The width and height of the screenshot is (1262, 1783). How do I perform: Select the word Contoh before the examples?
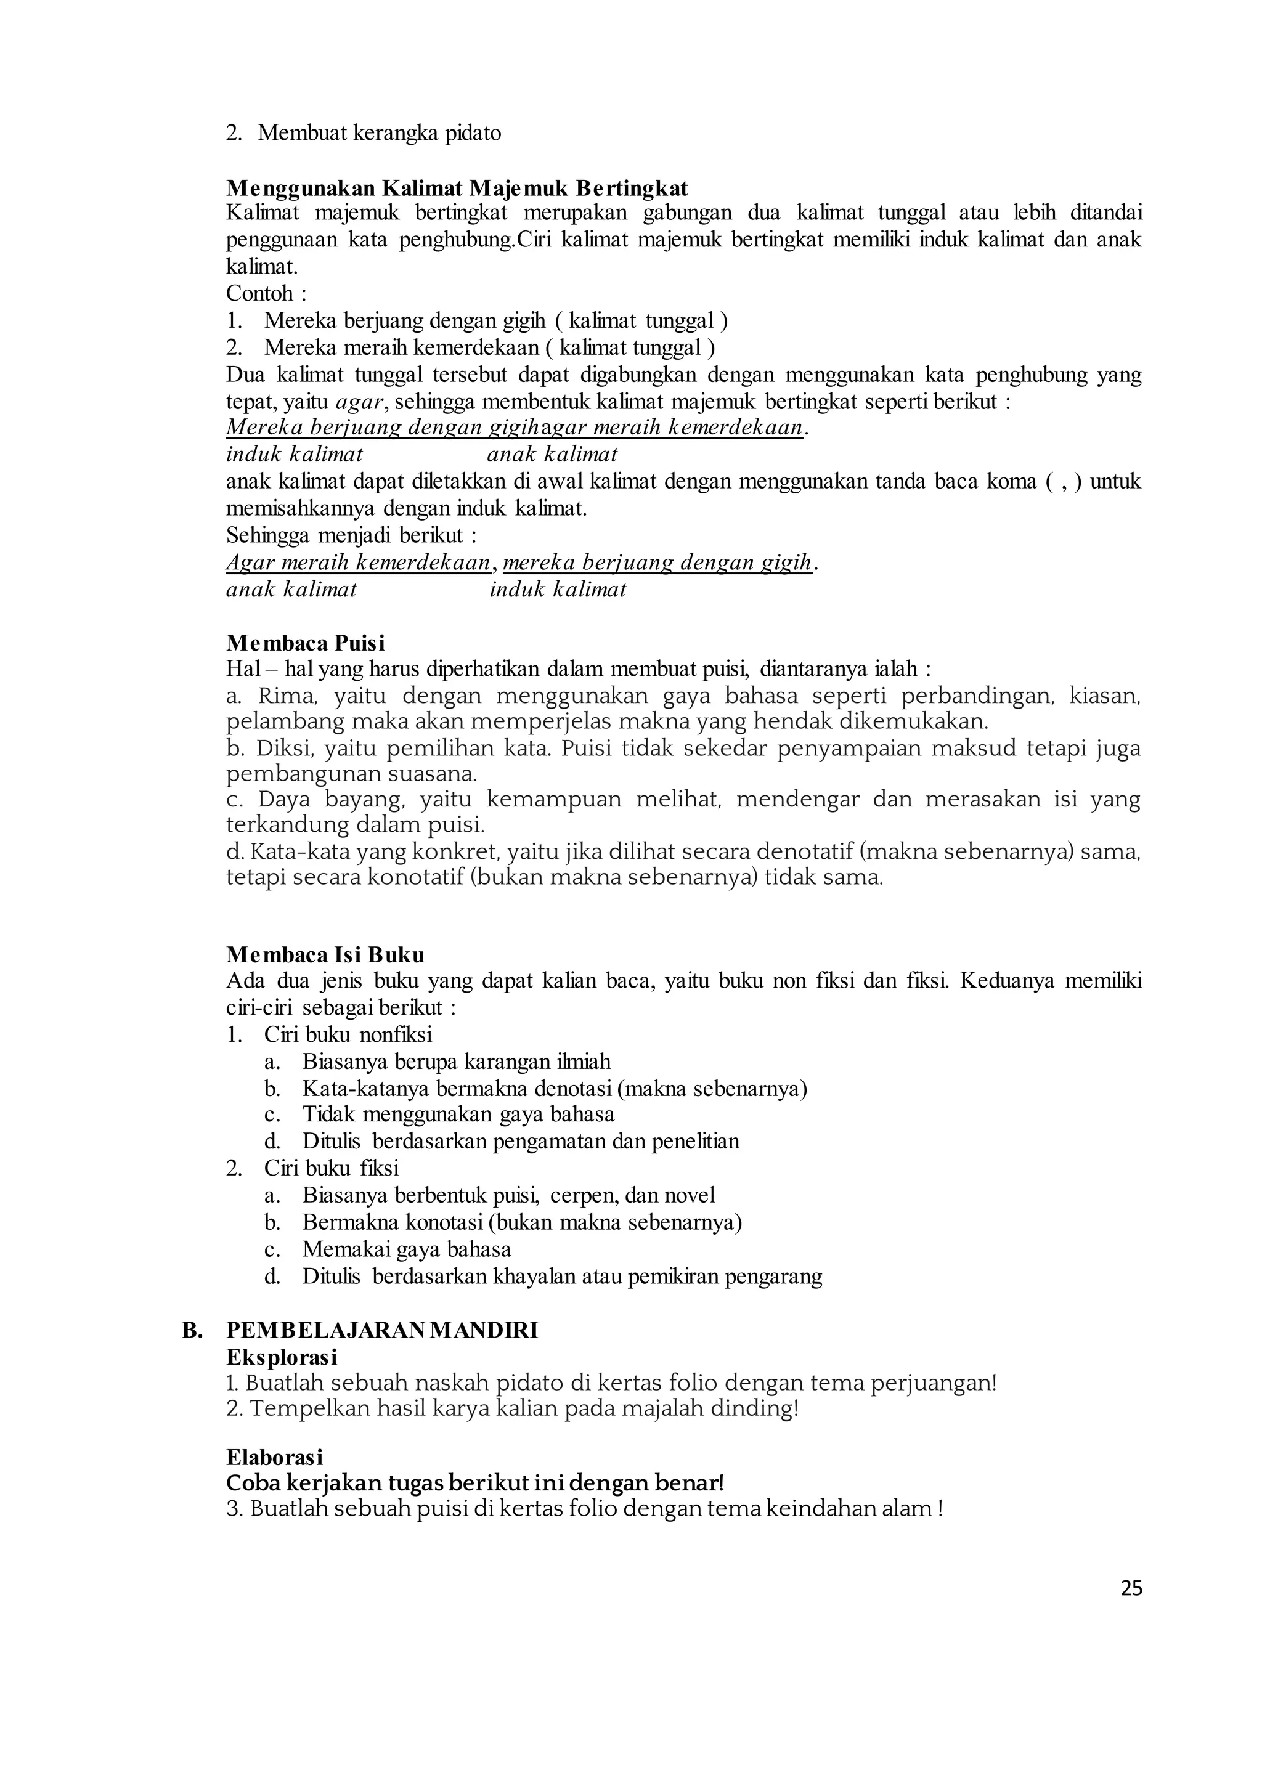(x=259, y=294)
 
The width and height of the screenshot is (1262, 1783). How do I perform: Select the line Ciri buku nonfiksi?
(x=348, y=1035)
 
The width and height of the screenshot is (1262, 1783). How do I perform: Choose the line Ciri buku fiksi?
(x=331, y=1169)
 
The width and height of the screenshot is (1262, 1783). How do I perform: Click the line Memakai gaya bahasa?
(x=407, y=1249)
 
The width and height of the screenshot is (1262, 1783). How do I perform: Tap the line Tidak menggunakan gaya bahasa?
(x=458, y=1115)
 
